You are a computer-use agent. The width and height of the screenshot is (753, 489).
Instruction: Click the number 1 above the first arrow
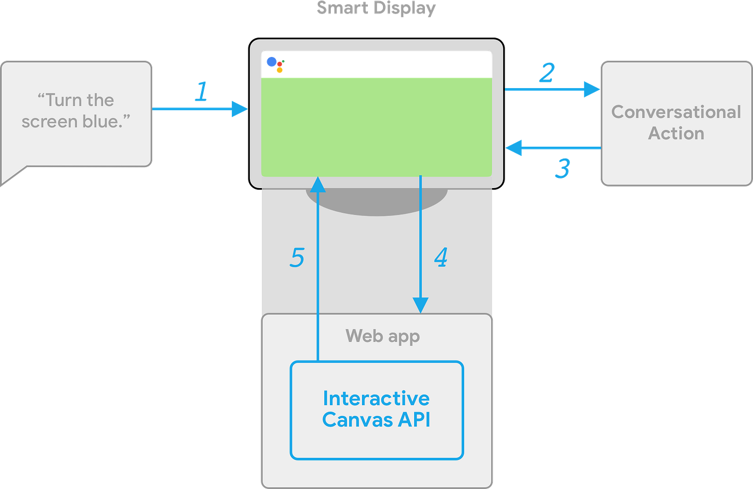[201, 91]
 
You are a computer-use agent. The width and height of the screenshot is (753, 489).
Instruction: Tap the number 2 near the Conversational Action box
[547, 73]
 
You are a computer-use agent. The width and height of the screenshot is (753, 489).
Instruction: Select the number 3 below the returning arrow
[563, 169]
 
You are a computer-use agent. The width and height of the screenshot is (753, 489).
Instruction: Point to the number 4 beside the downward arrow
[441, 257]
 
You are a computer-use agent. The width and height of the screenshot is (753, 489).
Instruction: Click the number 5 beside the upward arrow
[297, 257]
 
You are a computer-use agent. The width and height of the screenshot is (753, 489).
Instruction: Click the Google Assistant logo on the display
[275, 64]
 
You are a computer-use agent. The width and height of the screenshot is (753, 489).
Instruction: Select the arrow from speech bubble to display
[199, 109]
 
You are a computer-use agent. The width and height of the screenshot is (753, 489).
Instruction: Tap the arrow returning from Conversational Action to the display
[554, 147]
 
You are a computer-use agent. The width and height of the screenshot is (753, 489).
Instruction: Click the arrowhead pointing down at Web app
[420, 305]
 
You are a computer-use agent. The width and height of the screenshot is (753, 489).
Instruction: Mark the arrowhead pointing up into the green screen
[318, 185]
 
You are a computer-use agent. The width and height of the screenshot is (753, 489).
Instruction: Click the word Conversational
[676, 112]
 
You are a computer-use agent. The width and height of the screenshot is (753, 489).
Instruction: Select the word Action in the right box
[676, 133]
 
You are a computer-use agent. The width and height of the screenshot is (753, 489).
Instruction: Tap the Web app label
[382, 336]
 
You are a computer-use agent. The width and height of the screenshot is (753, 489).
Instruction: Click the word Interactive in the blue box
[376, 398]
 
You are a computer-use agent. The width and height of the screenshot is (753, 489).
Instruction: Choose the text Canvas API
[376, 420]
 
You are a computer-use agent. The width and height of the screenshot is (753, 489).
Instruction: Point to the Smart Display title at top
[376, 8]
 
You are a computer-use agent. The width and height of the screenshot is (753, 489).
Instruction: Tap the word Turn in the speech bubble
[64, 100]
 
